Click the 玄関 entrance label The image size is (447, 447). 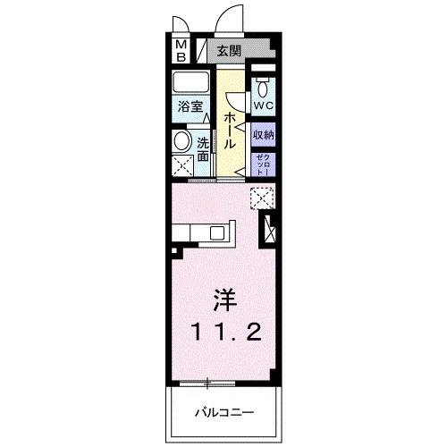229,52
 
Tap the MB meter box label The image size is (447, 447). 180,51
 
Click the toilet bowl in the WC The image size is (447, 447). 263,89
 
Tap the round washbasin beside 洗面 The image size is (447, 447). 181,141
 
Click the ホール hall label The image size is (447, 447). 230,131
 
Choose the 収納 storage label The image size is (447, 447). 263,135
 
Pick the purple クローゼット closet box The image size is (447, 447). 263,164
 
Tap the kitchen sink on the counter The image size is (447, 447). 217,233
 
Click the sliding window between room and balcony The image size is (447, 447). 208,384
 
